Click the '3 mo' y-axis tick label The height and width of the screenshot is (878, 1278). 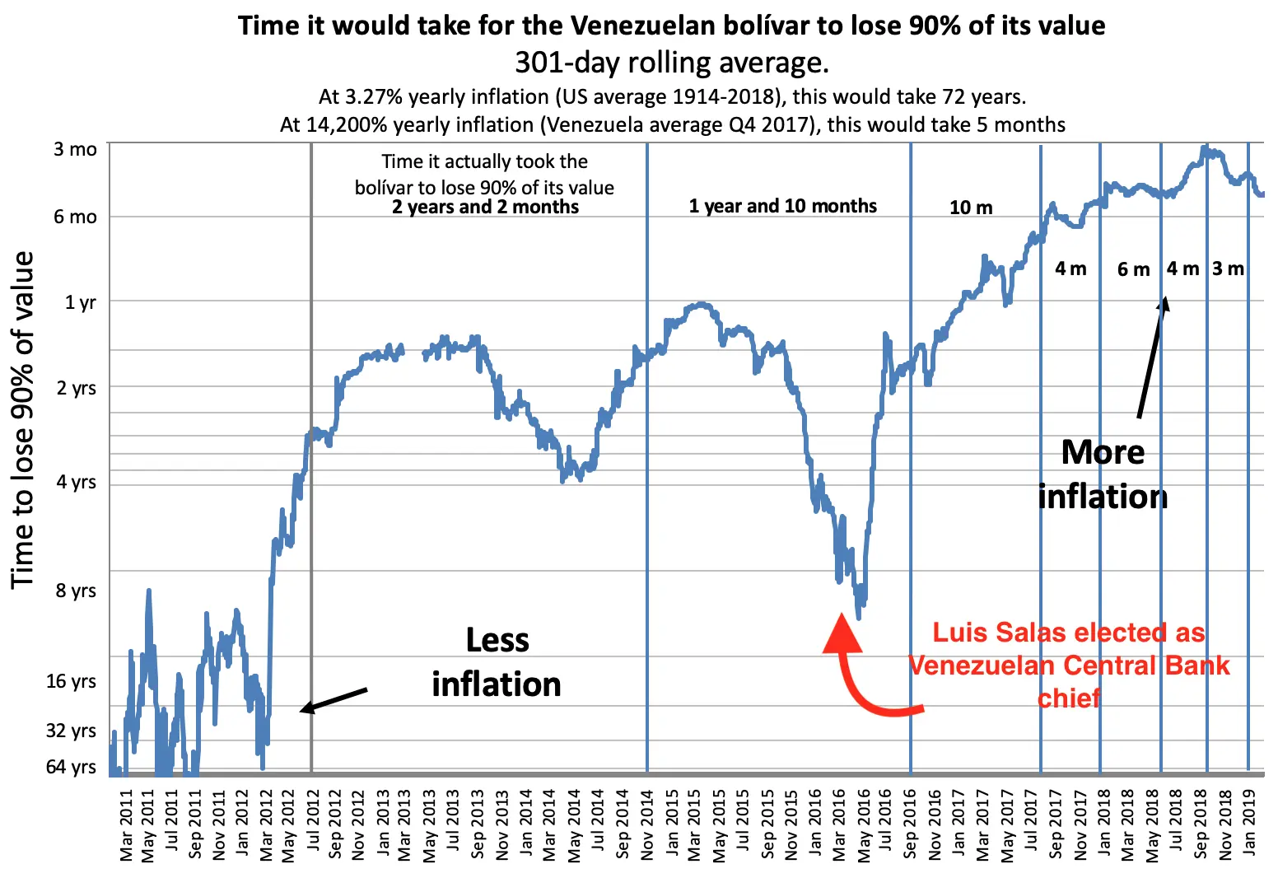click(75, 150)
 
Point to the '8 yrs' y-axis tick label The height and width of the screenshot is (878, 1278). click(76, 591)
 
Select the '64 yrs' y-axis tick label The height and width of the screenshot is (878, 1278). click(71, 767)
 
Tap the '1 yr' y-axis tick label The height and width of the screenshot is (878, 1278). click(81, 302)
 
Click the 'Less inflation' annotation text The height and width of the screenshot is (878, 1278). click(497, 662)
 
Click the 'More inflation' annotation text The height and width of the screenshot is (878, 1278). click(1103, 474)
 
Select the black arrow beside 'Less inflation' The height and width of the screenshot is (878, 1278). click(333, 699)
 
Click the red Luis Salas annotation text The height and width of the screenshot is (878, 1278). click(1069, 666)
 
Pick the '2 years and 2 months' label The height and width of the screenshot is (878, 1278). click(485, 207)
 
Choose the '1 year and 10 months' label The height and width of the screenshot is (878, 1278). click(782, 206)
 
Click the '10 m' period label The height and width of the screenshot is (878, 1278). click(971, 208)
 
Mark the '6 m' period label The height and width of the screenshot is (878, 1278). click(1133, 269)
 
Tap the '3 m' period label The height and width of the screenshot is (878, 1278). click(1228, 269)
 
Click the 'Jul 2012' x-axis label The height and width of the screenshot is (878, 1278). click(314, 824)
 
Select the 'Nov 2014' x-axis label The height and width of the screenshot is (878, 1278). click(648, 824)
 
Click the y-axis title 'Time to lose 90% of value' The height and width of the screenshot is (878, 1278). click(23, 420)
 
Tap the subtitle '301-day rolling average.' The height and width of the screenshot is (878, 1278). click(671, 63)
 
